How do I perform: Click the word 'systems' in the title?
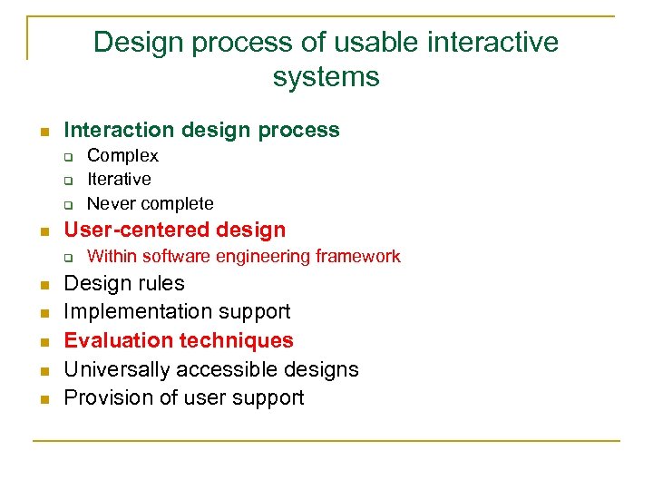[x=326, y=77]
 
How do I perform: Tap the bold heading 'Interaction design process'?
[x=201, y=130]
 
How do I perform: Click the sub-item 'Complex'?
[x=122, y=156]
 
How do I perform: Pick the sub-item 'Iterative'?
[x=119, y=180]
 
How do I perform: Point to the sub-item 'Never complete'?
[x=150, y=203]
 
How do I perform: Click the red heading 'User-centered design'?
[x=174, y=230]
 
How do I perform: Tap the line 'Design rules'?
[x=123, y=283]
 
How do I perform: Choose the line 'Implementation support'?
[x=177, y=311]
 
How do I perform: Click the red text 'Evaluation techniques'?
[x=179, y=340]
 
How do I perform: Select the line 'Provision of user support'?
[x=183, y=397]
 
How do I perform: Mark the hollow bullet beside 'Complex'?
[x=67, y=157]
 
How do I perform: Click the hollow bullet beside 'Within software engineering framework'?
[x=67, y=258]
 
